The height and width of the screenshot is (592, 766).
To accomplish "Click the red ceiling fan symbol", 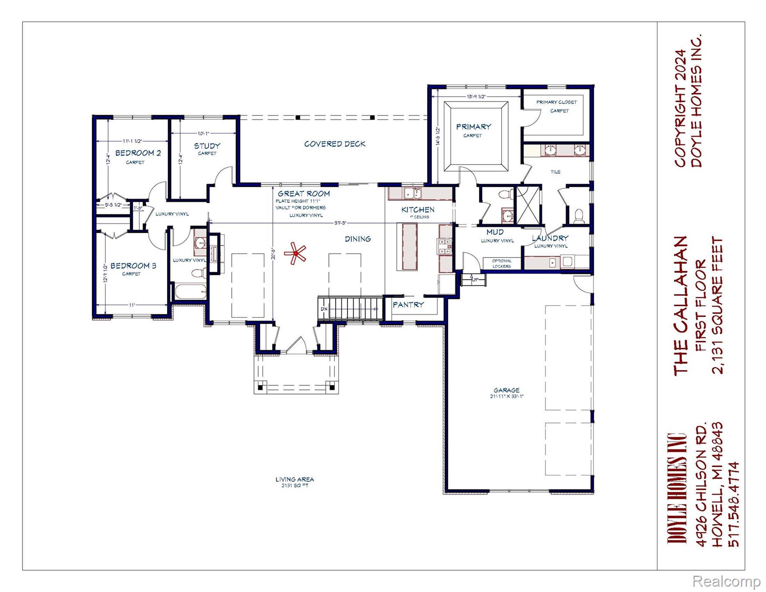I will (295, 253).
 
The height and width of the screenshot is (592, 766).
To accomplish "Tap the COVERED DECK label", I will (334, 144).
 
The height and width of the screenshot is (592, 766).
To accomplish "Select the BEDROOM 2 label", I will (138, 153).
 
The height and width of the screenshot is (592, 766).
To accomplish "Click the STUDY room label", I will (207, 146).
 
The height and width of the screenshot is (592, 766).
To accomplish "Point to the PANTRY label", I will (408, 304).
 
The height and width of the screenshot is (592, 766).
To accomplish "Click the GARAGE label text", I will (506, 390).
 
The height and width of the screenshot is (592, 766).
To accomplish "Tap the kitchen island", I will (409, 247).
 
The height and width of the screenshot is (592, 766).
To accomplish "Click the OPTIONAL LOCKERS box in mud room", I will (501, 264).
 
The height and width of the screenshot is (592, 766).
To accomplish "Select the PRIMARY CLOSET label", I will (556, 102).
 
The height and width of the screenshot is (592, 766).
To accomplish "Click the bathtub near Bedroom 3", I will (191, 291).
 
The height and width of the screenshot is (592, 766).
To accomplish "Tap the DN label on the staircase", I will (324, 309).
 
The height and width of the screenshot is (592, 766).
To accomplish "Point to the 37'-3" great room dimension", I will (340, 223).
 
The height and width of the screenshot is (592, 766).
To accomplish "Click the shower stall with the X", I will (528, 205).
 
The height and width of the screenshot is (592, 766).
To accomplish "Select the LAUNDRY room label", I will (550, 238).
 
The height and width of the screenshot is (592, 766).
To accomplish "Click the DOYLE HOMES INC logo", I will (677, 488).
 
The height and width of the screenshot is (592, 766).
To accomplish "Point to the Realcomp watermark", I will (726, 581).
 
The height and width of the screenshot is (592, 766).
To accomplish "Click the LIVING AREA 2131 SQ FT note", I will (295, 482).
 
